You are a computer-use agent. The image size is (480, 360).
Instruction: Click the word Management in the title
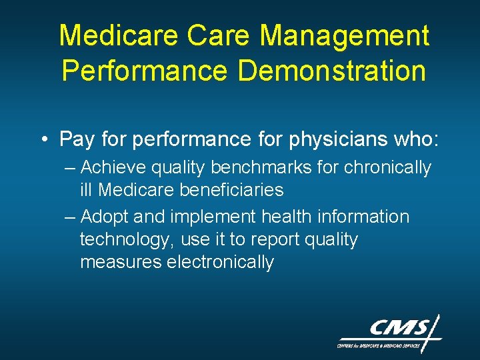[x=345, y=36]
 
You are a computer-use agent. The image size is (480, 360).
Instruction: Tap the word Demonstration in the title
[x=331, y=71]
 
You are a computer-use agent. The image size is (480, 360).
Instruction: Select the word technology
[x=128, y=239]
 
